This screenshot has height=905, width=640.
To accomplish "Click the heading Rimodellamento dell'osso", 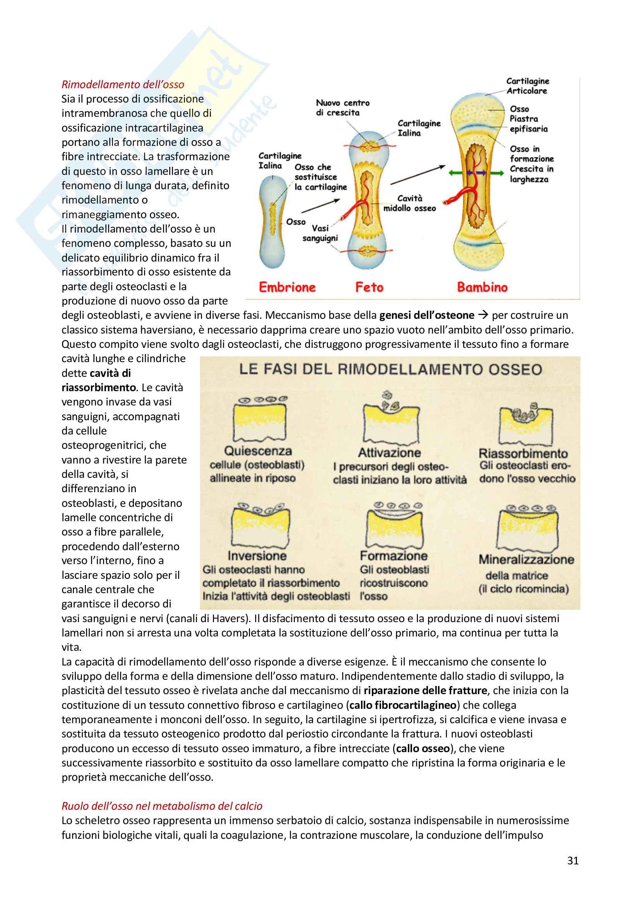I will (x=123, y=84).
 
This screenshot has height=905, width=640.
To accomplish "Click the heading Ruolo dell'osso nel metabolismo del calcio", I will (x=162, y=806).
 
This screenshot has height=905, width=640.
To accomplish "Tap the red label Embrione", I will (x=287, y=287).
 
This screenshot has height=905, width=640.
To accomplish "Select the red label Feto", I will (x=369, y=287).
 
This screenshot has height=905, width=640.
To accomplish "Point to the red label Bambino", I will (x=482, y=287).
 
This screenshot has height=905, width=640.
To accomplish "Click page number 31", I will (x=573, y=861).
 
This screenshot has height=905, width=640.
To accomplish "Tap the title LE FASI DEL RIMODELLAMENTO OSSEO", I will (x=390, y=370).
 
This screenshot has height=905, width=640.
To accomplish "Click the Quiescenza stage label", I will (x=258, y=451).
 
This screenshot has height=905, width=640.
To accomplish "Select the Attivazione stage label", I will (x=389, y=453).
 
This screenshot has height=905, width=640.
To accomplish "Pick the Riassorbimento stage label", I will (x=523, y=453).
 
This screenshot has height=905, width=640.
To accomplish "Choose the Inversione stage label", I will (x=257, y=556).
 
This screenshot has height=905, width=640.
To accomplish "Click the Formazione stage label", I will (x=393, y=556).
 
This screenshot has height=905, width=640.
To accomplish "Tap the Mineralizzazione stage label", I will (x=526, y=559).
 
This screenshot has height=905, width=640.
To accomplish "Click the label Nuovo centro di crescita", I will (x=342, y=108).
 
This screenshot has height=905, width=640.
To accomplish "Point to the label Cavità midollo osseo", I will (x=409, y=203).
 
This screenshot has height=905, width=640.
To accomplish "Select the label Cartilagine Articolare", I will (x=527, y=86).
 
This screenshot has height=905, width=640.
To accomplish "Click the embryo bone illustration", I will (x=273, y=223).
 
